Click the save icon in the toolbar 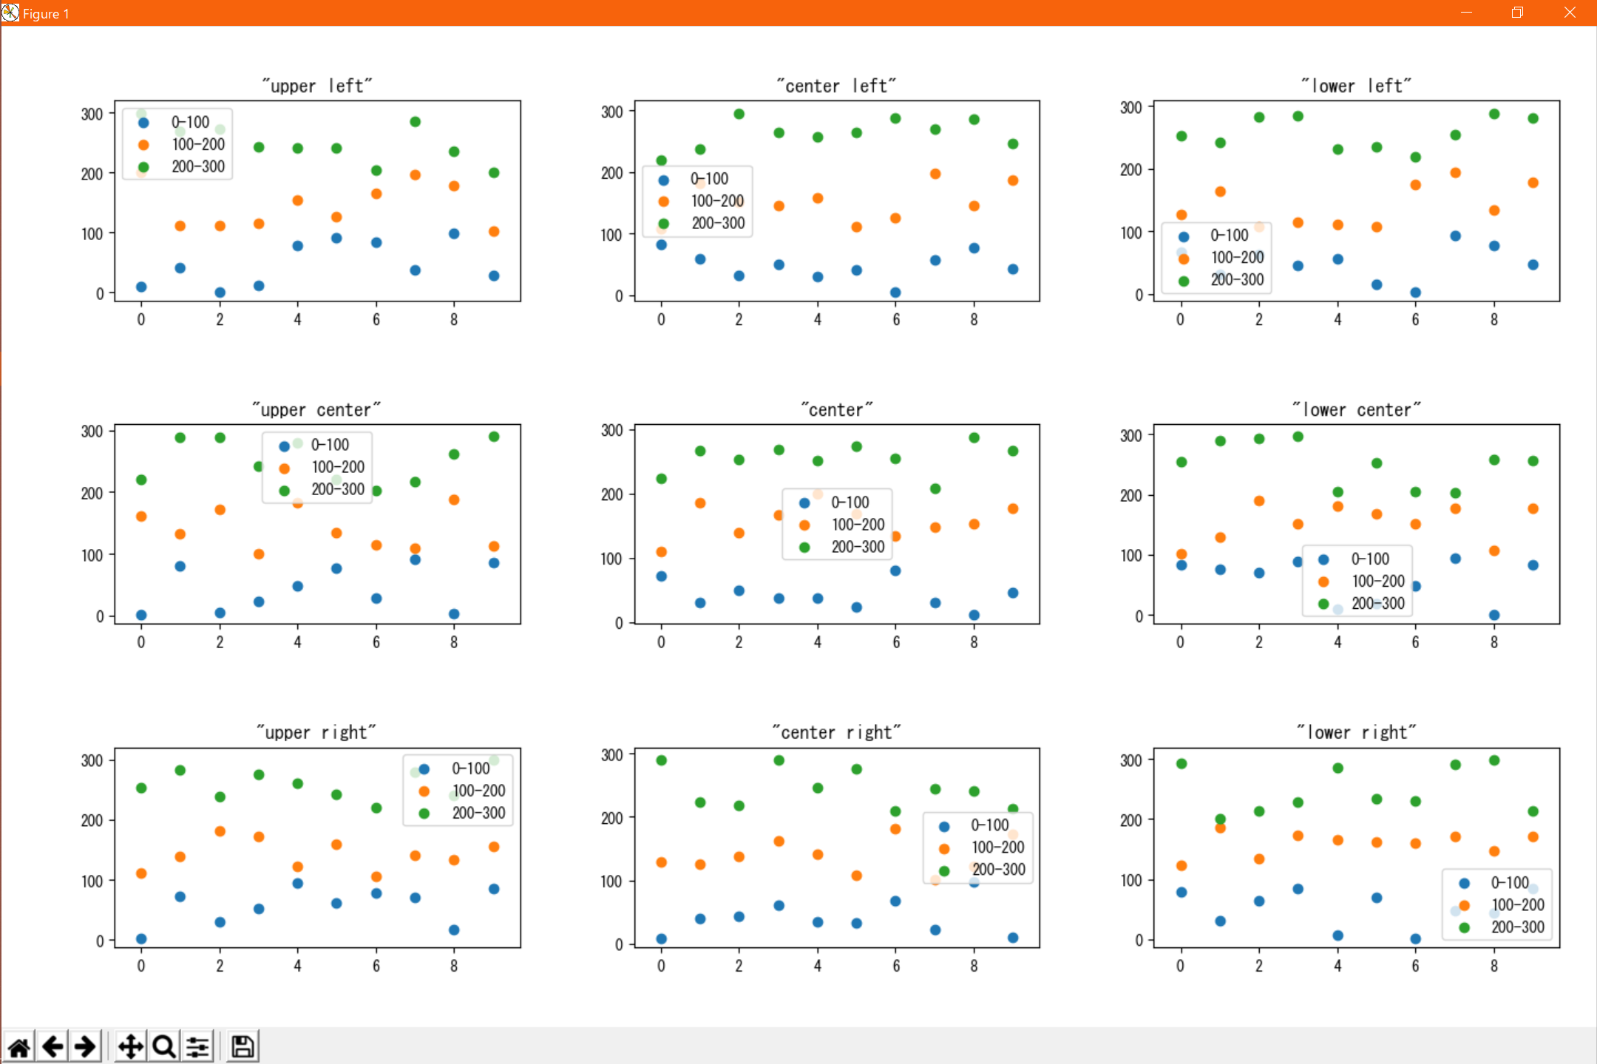click(243, 1046)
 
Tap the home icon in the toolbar click(19, 1046)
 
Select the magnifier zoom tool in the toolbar click(164, 1046)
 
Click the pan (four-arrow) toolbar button click(131, 1046)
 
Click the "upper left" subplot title click(317, 86)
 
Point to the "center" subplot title click(837, 409)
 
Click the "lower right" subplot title click(1357, 732)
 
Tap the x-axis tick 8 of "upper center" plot click(454, 642)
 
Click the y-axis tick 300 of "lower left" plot click(1131, 108)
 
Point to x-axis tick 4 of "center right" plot click(818, 966)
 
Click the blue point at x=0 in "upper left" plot click(141, 287)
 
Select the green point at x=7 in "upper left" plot click(416, 122)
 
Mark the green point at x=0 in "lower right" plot click(1181, 763)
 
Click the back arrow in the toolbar click(52, 1046)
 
